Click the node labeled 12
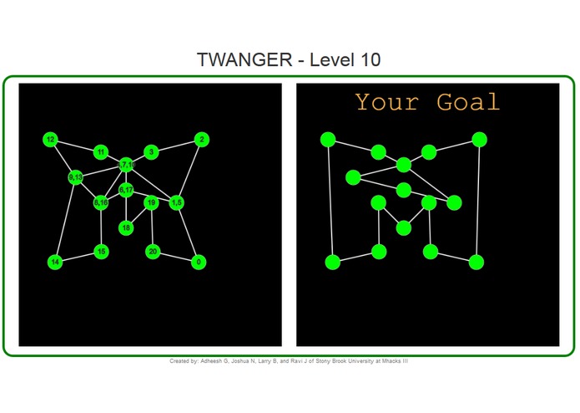(x=51, y=140)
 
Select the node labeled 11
(x=101, y=152)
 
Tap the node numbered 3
(x=151, y=151)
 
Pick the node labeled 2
(x=201, y=140)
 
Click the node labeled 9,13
(x=76, y=177)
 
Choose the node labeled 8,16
(x=101, y=202)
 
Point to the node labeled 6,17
(x=126, y=190)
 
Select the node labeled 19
(x=152, y=202)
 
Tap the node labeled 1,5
(x=176, y=202)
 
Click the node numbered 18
(x=126, y=227)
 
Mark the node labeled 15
(x=101, y=251)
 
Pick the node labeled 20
(x=153, y=251)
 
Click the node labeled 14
(x=55, y=263)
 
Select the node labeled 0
(x=199, y=263)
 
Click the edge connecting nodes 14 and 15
(x=78, y=257)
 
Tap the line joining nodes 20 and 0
(x=176, y=257)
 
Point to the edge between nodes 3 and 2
(x=176, y=145)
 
